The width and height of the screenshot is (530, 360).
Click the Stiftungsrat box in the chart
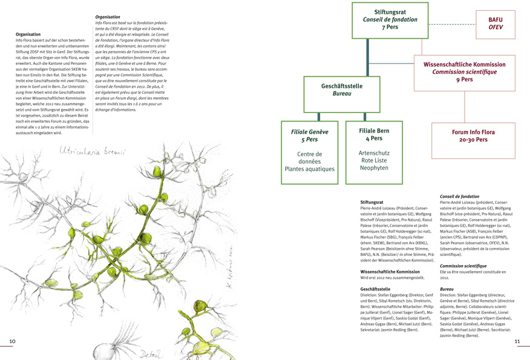390,19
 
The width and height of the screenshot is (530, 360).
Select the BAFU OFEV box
496,24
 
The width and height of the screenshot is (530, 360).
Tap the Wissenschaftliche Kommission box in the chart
464,71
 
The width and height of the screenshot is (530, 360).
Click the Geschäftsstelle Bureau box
342,90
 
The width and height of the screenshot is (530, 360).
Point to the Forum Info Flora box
473,136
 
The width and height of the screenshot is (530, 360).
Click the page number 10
12,342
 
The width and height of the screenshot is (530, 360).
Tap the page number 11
517,342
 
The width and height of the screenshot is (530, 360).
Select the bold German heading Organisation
28,34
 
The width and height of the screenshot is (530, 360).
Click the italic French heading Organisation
108,16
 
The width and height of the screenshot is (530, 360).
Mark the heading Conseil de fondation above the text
459,196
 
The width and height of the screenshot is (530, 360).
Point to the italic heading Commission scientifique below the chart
463,266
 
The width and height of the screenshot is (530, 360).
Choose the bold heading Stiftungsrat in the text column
372,201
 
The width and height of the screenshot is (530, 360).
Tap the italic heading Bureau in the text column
447,290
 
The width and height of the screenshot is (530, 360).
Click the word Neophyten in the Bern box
373,169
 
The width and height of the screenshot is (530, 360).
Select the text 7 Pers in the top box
390,27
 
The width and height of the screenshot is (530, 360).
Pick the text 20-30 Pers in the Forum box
473,140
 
